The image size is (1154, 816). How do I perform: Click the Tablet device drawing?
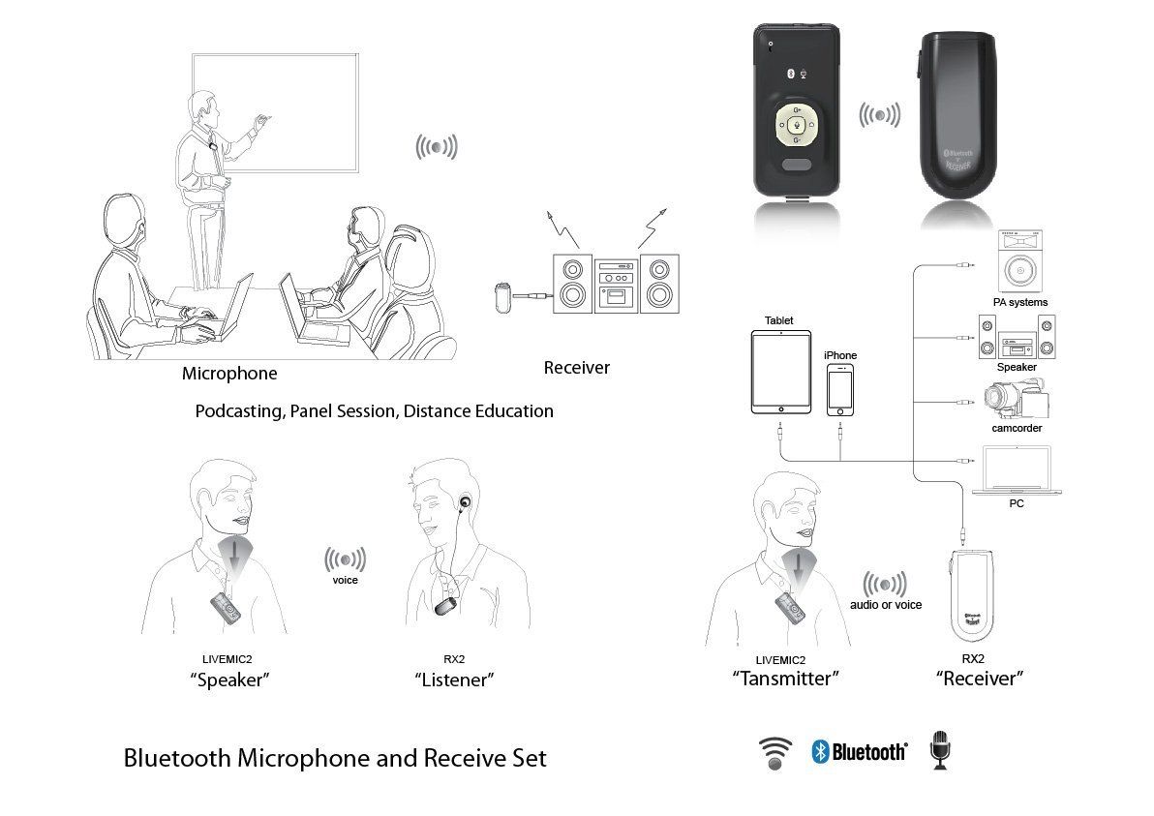781,372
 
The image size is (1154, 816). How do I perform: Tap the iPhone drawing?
839,391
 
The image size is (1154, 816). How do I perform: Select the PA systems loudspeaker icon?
1020,261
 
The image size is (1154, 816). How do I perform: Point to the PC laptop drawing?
1017,470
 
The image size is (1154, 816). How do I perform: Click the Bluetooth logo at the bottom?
859,751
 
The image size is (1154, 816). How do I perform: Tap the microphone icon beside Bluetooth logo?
940,750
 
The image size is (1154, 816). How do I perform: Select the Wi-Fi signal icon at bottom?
774,753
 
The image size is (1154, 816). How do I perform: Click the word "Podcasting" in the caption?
239,411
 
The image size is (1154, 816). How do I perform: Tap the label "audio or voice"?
886,605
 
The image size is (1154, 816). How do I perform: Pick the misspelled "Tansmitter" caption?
785,679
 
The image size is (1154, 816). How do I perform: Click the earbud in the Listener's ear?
465,504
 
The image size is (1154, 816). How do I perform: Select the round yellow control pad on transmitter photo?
796,124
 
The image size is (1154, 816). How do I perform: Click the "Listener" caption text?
454,680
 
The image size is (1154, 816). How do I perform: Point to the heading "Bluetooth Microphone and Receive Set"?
335,758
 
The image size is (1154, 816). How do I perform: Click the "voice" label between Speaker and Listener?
346,580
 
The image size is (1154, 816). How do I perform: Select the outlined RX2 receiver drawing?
972,596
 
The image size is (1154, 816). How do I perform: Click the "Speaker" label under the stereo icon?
1017,367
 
